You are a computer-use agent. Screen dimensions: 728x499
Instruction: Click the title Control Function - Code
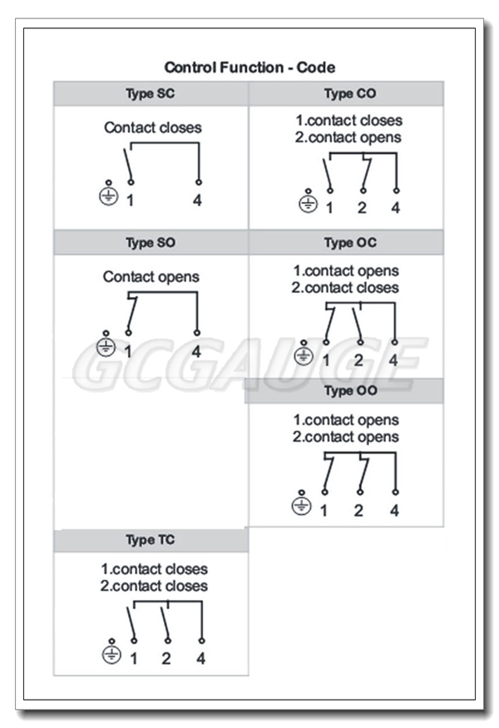tap(249, 67)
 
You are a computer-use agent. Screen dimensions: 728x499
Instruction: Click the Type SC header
tap(151, 94)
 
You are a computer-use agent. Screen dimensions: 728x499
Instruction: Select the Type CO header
tap(349, 94)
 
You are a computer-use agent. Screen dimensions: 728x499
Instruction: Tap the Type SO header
tap(151, 243)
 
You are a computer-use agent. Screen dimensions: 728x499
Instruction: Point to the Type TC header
tap(151, 540)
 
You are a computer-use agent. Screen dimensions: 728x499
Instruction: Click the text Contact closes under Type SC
tap(152, 128)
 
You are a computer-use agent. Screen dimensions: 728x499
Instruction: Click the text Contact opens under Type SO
tap(151, 277)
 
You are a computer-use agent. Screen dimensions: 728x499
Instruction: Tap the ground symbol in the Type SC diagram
tap(108, 196)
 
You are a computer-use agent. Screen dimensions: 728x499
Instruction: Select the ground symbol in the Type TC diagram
tap(111, 655)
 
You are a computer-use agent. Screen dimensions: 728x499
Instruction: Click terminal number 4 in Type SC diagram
tap(198, 201)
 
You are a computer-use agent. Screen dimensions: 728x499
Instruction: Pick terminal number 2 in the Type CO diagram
tap(362, 208)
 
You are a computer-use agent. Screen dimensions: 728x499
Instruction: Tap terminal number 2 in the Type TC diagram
tap(166, 659)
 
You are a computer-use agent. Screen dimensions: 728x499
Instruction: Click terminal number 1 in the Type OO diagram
tap(323, 510)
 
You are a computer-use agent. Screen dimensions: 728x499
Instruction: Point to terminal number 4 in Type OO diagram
tap(395, 510)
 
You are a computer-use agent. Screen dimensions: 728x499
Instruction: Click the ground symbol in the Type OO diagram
tap(302, 505)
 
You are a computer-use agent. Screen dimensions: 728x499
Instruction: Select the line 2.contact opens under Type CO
tap(347, 137)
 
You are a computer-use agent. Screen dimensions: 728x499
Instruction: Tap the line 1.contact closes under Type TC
tap(155, 570)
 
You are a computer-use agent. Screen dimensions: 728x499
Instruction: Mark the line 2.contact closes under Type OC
tap(345, 288)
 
